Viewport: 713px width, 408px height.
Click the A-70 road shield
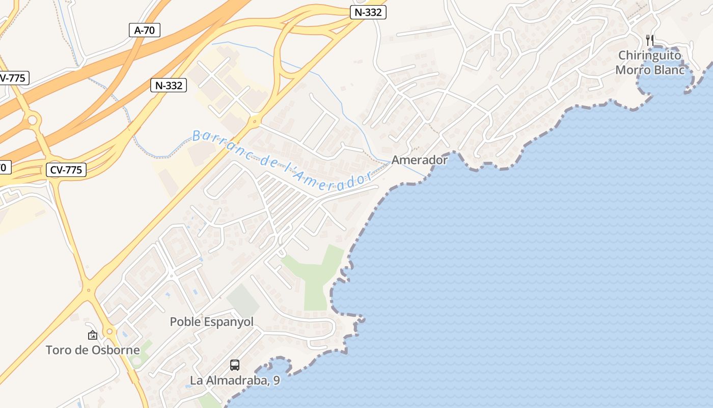[x=145, y=30]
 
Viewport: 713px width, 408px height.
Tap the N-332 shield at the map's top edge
[x=368, y=12]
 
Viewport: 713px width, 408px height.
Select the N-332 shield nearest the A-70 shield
[x=169, y=85]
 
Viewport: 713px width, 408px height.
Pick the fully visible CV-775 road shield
[x=66, y=170]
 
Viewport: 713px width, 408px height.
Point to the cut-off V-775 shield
[x=13, y=78]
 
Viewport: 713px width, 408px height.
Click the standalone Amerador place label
[x=420, y=160]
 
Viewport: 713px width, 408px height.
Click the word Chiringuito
[x=649, y=55]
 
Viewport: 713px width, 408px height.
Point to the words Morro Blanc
[x=650, y=70]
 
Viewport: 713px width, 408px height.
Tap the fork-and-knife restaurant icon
[x=649, y=40]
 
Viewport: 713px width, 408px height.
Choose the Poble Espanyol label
[x=211, y=322]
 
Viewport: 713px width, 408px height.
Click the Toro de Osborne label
[x=93, y=350]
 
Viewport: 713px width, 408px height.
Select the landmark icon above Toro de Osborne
[x=93, y=335]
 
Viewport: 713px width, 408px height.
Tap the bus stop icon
[x=235, y=365]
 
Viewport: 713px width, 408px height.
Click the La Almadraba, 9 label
[x=235, y=380]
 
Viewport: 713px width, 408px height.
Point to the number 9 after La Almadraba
[x=276, y=380]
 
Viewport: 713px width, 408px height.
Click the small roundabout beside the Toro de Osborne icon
[x=109, y=332]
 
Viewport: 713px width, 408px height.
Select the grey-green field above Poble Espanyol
[x=243, y=301]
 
